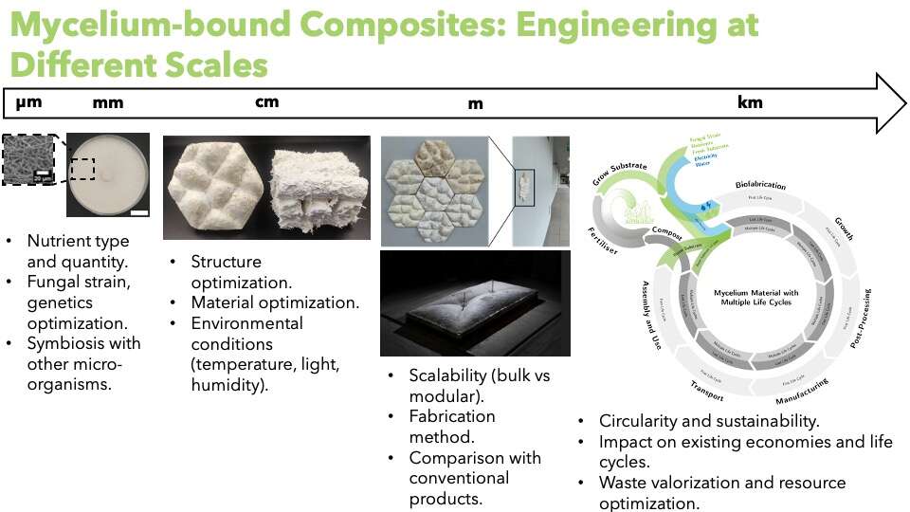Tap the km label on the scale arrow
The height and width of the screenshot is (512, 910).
[x=749, y=102]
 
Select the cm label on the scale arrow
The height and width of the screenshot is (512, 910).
[x=267, y=101]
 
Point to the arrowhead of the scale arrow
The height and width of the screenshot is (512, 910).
[x=891, y=102]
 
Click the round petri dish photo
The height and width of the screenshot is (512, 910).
[x=108, y=175]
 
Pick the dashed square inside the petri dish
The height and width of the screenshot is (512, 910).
[x=82, y=168]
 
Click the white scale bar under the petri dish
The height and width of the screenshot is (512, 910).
[x=138, y=212]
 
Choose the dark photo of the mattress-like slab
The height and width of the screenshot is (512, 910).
[x=475, y=303]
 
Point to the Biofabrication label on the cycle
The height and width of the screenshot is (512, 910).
[x=768, y=185]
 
